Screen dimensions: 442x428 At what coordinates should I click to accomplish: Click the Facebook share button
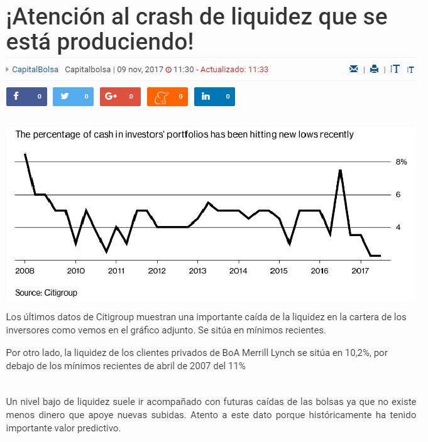click(26, 97)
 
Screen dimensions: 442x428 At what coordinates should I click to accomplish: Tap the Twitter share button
click(74, 97)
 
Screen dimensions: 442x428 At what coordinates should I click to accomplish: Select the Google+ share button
click(120, 97)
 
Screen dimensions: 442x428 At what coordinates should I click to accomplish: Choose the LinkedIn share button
click(214, 97)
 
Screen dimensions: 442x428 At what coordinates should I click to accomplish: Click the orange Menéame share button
click(167, 97)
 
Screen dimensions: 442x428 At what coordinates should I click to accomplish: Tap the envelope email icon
click(354, 69)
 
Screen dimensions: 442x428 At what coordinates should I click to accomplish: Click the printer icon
click(374, 69)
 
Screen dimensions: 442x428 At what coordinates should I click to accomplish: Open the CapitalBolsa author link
click(35, 69)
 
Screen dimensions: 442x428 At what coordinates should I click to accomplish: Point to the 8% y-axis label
click(401, 162)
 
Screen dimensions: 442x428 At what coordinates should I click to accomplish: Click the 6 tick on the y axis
click(398, 195)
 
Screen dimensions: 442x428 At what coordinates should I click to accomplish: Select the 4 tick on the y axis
click(398, 227)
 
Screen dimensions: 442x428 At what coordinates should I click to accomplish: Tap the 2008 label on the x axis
click(25, 271)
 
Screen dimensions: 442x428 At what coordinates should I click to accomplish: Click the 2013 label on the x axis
click(197, 271)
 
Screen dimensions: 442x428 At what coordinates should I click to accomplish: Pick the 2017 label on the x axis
click(359, 271)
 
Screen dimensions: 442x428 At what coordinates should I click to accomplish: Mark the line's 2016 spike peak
click(340, 170)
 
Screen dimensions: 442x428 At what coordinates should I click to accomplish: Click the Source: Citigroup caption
click(46, 293)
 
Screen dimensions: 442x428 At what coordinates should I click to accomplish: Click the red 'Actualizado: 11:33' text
click(234, 69)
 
